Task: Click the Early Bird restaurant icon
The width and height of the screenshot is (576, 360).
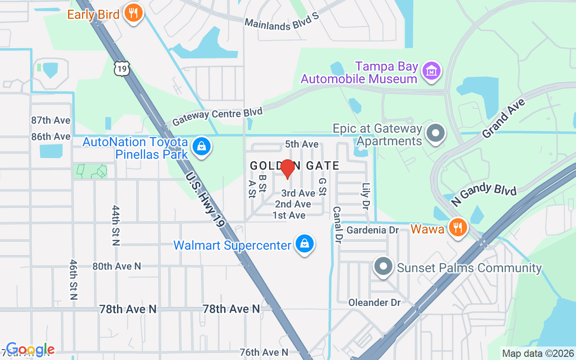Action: click(x=133, y=13)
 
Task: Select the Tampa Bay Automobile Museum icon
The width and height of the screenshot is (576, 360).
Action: click(x=432, y=71)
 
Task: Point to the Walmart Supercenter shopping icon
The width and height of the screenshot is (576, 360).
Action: click(x=305, y=244)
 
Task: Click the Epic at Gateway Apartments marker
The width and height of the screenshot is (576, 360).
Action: click(x=435, y=134)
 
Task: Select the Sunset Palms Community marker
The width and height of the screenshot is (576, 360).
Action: click(x=383, y=266)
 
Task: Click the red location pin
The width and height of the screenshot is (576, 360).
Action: click(x=287, y=169)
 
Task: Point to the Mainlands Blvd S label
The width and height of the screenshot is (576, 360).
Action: click(x=281, y=24)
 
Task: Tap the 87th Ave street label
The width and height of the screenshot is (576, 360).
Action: click(x=51, y=120)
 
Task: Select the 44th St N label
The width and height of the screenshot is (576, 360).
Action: click(x=116, y=225)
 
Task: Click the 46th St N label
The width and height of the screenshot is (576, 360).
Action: click(x=74, y=279)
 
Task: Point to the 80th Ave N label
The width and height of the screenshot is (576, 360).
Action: click(x=117, y=266)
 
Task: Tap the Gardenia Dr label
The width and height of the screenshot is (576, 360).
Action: click(x=373, y=230)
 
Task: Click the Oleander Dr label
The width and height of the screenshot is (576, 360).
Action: click(x=374, y=302)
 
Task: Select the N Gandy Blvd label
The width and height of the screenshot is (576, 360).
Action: click(x=484, y=194)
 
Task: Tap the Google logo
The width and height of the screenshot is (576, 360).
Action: click(x=31, y=350)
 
